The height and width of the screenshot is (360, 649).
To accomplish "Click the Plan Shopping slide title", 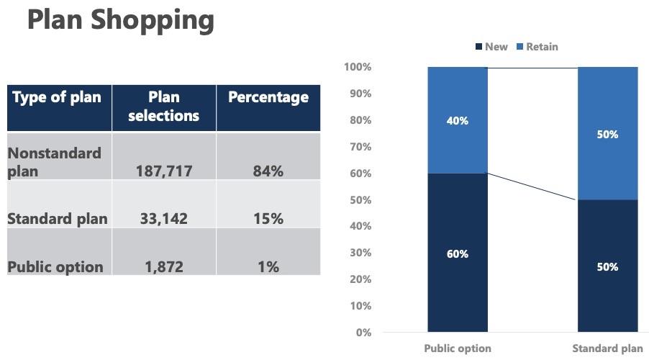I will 121,20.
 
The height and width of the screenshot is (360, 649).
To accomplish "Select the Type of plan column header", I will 58,97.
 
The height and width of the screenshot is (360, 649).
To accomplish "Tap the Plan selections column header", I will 164,106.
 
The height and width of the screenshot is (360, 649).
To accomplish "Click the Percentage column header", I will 268,97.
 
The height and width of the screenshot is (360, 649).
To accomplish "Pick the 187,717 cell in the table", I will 163,171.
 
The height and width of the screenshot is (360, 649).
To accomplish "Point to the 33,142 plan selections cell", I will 163,219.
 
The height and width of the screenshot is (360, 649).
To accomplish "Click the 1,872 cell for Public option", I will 163,267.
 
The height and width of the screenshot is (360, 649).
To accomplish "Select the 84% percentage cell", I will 268,171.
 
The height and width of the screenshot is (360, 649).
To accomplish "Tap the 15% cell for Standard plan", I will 268,219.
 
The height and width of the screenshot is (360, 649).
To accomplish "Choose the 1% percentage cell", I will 268,267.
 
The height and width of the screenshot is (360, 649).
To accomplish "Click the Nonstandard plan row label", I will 55,162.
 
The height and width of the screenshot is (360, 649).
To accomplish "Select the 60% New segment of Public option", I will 458,253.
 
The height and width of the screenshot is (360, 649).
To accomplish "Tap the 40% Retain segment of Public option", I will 458,120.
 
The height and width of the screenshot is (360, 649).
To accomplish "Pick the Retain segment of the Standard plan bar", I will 608,134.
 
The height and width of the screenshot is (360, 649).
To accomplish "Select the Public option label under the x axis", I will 458,348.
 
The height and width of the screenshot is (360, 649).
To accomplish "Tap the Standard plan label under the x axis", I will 608,348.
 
